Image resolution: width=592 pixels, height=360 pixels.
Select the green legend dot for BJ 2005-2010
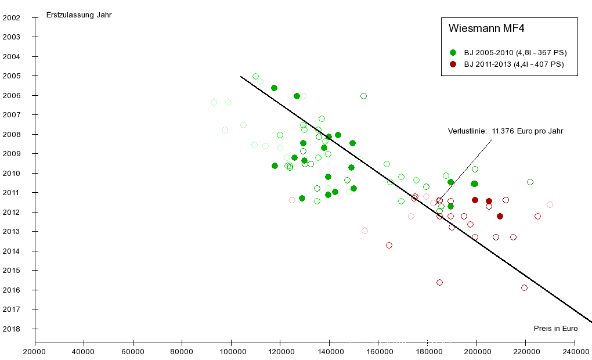(x=453, y=52)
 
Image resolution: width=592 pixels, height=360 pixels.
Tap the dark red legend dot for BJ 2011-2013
(x=453, y=64)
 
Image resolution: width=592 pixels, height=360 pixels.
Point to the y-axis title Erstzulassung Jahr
(x=79, y=15)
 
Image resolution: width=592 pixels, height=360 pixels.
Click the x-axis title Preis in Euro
(x=555, y=329)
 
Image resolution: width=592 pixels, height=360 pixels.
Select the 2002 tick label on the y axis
(x=12, y=17)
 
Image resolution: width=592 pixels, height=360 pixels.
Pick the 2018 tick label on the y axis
(x=12, y=329)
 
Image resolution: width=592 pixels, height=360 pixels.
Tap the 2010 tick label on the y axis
(x=12, y=173)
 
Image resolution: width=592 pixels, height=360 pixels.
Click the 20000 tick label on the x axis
(x=35, y=352)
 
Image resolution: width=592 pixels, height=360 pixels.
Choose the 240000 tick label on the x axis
(x=576, y=352)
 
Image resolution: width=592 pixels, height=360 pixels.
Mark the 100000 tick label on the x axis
(x=231, y=352)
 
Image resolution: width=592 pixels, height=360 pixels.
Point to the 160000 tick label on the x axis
(x=378, y=352)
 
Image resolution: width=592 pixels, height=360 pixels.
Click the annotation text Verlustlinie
(x=467, y=131)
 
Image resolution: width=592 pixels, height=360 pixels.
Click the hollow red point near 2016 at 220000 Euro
(x=524, y=287)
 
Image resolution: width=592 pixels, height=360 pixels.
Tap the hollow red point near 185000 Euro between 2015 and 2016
(x=439, y=282)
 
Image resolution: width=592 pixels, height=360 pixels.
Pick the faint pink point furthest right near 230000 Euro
(x=550, y=204)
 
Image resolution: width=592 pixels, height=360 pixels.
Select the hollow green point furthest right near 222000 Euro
(x=530, y=182)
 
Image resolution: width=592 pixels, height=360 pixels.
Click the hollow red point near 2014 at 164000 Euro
(x=389, y=245)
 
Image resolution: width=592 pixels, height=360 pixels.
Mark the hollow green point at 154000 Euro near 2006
(x=363, y=96)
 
